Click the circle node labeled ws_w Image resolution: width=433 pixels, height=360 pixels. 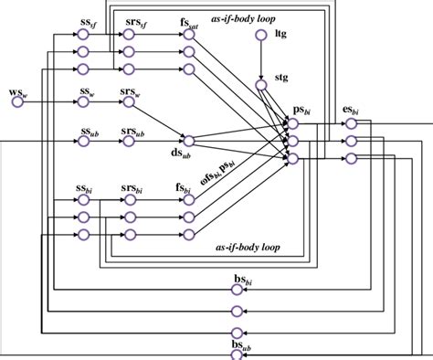point(16,102)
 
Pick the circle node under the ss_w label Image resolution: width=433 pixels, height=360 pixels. point(83,102)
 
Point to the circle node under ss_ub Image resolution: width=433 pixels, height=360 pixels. point(83,141)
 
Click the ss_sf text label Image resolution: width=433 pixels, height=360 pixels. point(88,21)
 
